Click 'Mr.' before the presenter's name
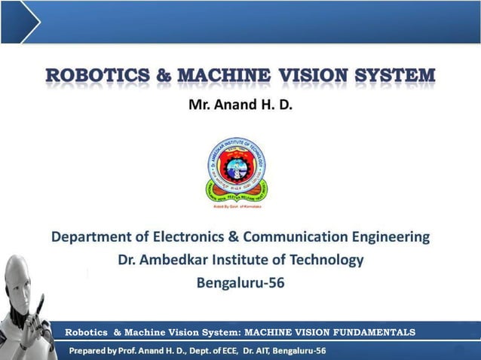click(199, 105)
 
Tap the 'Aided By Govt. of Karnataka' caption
click(237, 205)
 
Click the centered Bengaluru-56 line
click(240, 283)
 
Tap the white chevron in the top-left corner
click(29, 21)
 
